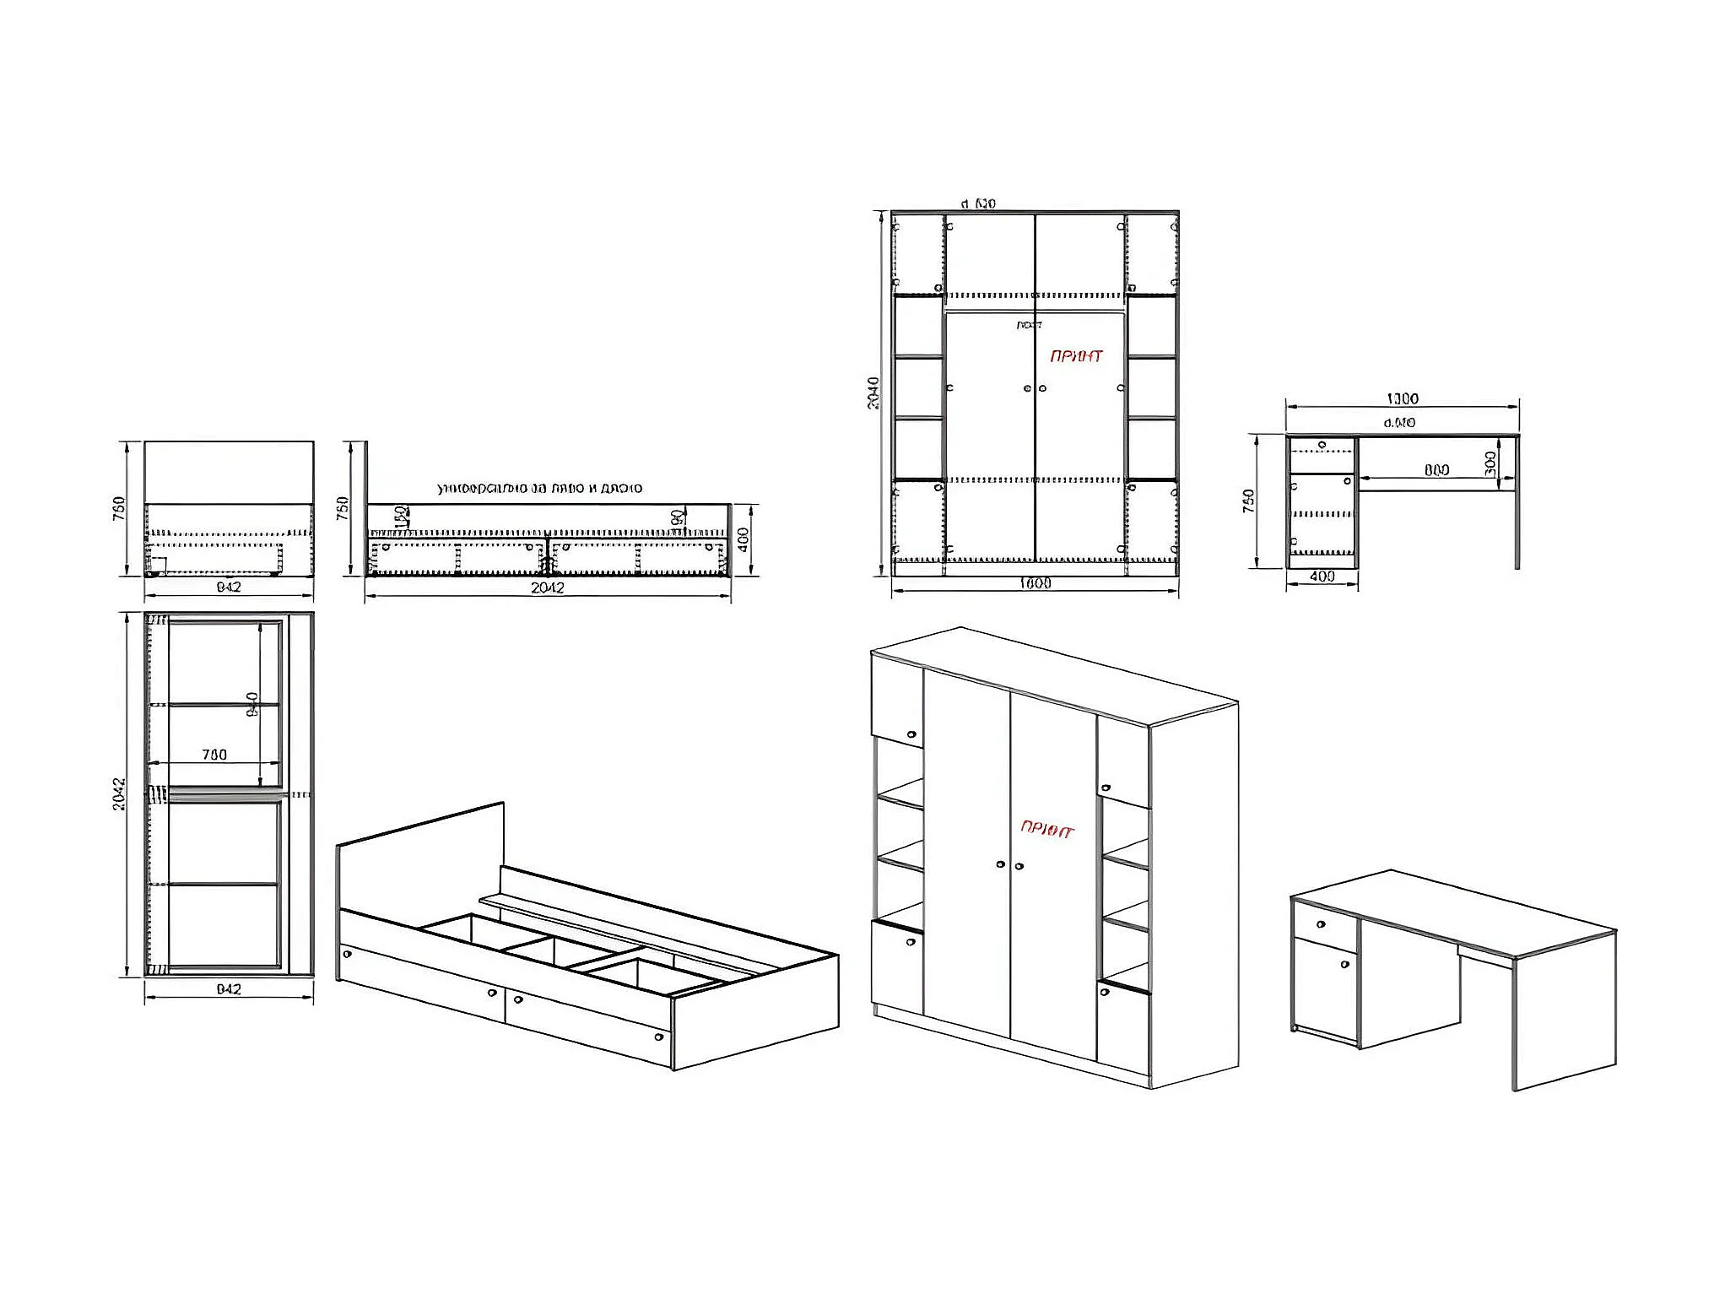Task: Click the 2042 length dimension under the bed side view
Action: point(547,587)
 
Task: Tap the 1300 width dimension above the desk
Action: point(1403,398)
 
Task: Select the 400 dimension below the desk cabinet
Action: point(1322,577)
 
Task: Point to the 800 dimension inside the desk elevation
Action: point(1436,470)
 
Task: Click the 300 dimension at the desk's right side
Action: point(1490,463)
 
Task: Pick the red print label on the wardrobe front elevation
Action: point(1076,356)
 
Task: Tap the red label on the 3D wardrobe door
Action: point(1047,829)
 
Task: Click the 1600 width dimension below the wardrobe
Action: point(1035,583)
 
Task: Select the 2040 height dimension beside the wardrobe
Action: point(873,393)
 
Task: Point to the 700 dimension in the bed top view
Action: point(214,755)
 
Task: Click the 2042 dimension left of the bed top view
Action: point(119,794)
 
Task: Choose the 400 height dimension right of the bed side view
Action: point(743,539)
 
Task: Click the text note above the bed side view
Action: point(539,488)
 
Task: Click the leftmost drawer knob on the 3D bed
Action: point(347,954)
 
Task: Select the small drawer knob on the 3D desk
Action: point(1322,924)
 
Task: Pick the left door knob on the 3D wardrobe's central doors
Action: point(1000,864)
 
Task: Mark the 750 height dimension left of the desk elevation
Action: point(1249,501)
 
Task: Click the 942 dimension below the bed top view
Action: point(229,988)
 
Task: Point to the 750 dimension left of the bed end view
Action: point(119,508)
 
